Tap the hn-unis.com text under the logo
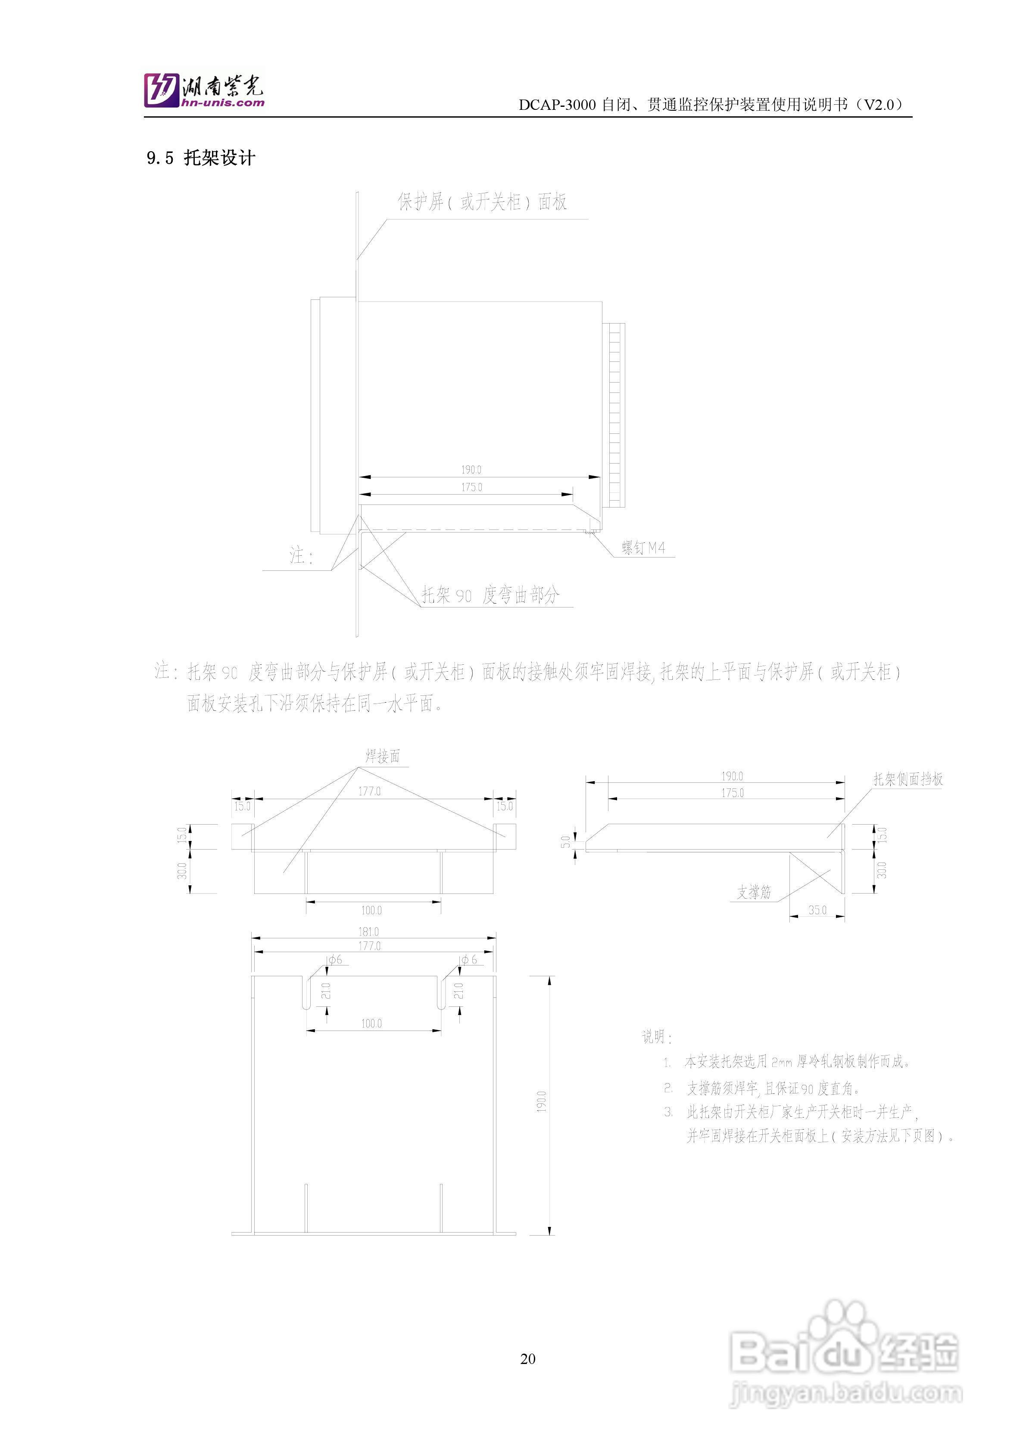[222, 103]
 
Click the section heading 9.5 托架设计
[201, 158]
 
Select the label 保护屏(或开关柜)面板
[482, 202]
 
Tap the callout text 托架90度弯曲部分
[490, 595]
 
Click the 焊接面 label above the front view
[383, 756]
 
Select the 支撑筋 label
[754, 892]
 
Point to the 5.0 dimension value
[566, 841]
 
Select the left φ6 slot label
[335, 960]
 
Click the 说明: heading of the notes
[657, 1037]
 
